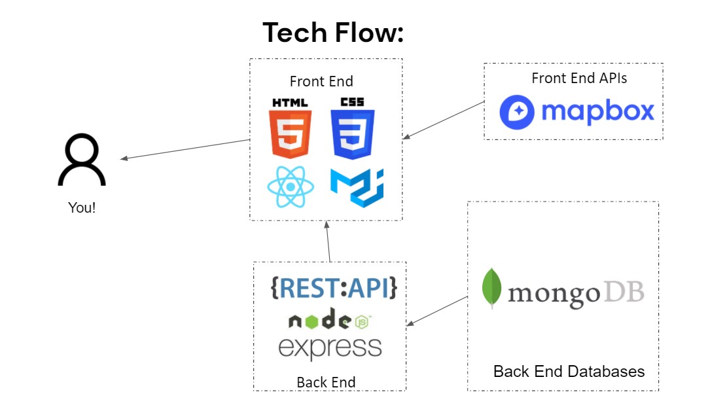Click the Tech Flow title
point(333,32)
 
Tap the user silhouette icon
point(82,160)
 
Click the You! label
point(82,207)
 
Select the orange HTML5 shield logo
point(290,128)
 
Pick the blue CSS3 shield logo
point(352,128)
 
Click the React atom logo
point(291,187)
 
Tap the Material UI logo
point(357,187)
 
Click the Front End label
point(321,81)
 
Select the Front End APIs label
point(579,78)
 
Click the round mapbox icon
point(517,113)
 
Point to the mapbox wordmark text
point(598,111)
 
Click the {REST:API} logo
point(334,288)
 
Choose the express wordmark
point(330,348)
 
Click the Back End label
point(326,382)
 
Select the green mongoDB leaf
point(491,288)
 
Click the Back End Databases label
point(569,372)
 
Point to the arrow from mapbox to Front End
point(444,120)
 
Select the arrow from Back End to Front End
point(328,241)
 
